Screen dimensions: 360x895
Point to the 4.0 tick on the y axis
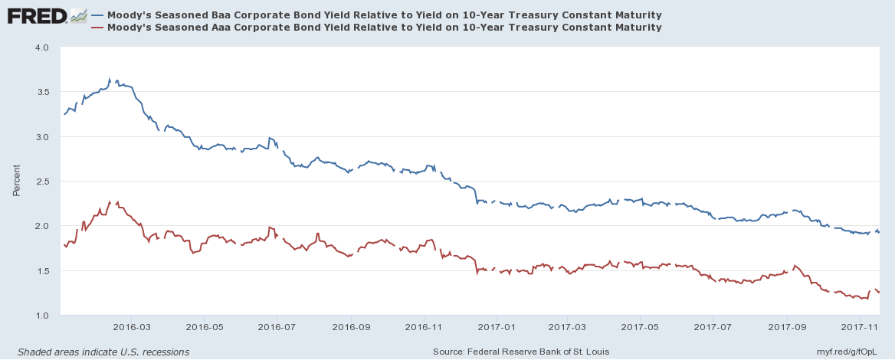tap(41, 47)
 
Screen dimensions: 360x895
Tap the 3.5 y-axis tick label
tap(41, 92)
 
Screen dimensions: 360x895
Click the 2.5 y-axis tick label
tap(41, 182)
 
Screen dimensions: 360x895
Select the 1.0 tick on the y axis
tap(41, 316)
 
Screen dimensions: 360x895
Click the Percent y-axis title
tap(16, 181)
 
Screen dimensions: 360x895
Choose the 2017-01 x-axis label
tap(497, 326)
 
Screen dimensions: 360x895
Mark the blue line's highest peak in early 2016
tap(110, 79)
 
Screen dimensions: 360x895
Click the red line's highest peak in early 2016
tap(110, 201)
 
